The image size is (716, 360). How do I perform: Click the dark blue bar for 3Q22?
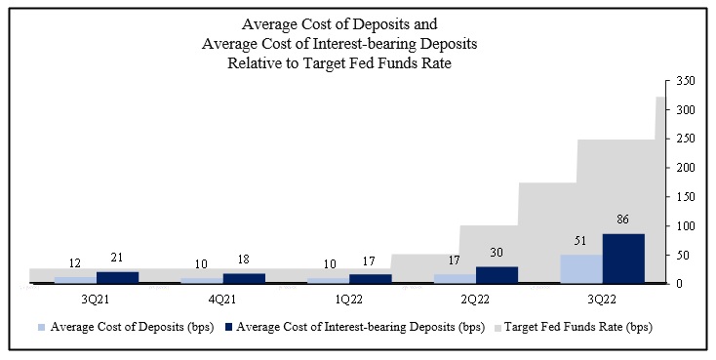(623, 259)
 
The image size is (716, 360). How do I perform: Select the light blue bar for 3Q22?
(581, 268)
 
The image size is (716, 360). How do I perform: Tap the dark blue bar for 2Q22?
(497, 275)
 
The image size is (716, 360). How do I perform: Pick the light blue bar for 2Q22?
(455, 279)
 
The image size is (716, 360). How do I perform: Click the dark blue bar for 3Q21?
(117, 277)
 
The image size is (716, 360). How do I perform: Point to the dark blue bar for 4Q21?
(244, 278)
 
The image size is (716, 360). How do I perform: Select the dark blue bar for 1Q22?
(371, 279)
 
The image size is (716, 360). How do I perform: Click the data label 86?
(622, 220)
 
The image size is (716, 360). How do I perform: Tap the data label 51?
(580, 241)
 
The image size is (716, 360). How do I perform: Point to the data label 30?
(496, 252)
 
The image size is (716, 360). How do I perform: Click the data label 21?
(117, 258)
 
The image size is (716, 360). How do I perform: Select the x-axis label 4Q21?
(222, 300)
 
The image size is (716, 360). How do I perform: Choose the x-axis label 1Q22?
(349, 300)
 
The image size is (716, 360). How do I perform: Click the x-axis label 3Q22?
(602, 300)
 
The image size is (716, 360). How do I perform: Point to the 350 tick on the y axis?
(686, 81)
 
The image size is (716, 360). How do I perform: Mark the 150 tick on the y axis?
(686, 197)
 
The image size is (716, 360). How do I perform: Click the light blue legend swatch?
(42, 328)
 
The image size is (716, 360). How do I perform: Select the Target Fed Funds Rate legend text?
(578, 327)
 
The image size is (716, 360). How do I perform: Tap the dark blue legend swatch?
(228, 328)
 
